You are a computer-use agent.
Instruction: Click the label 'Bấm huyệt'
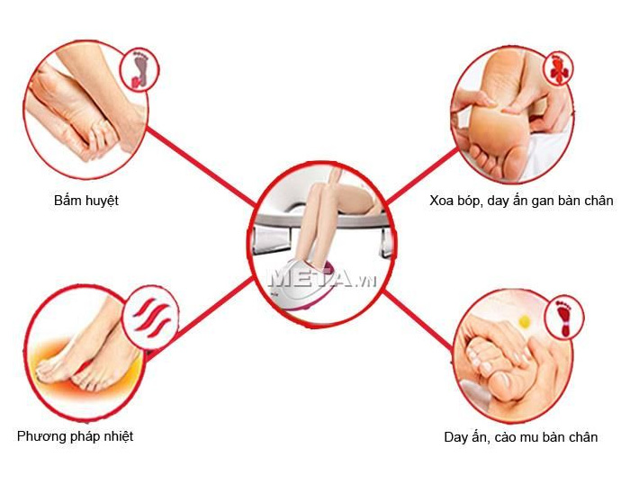[x=86, y=201]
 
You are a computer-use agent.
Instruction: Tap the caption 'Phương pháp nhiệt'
[x=75, y=436]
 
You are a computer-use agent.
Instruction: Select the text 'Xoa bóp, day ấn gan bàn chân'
[x=521, y=201]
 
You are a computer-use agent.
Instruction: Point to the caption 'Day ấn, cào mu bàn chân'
[x=521, y=436]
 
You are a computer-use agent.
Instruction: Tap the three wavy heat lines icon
[x=151, y=318]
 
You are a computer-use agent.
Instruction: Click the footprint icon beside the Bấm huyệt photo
[x=140, y=69]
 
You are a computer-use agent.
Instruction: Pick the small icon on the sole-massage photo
[x=558, y=68]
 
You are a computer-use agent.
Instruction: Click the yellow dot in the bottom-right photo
[x=525, y=321]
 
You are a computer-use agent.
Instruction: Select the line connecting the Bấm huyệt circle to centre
[x=201, y=166]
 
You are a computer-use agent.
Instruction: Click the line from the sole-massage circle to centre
[x=422, y=175]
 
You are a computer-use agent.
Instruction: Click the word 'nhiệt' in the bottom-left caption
[x=119, y=436]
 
